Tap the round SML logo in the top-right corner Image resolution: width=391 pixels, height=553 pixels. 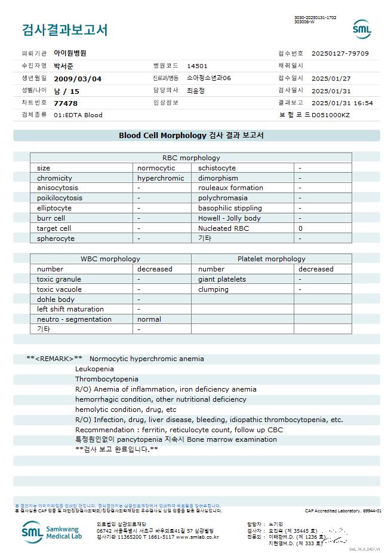(362, 29)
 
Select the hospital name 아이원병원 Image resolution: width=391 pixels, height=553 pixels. (70, 53)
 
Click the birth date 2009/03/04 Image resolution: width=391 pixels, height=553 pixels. (78, 78)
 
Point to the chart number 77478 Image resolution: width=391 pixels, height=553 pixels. (66, 103)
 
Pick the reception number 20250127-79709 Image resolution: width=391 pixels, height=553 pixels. (340, 53)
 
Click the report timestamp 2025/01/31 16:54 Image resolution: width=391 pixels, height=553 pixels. (342, 103)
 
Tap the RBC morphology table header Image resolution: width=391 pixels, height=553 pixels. (191, 158)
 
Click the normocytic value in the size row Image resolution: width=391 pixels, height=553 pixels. (156, 168)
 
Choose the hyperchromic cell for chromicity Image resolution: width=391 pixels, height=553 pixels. (161, 178)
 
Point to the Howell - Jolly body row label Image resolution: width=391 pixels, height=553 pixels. (229, 218)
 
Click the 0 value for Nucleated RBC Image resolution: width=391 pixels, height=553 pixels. (301, 228)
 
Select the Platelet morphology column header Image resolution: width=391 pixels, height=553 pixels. (271, 259)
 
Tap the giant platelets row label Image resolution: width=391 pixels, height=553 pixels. (222, 279)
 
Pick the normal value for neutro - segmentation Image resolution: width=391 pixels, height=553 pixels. (149, 319)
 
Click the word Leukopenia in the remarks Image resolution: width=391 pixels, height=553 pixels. (94, 369)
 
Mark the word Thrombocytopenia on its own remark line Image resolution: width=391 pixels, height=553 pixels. (106, 379)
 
